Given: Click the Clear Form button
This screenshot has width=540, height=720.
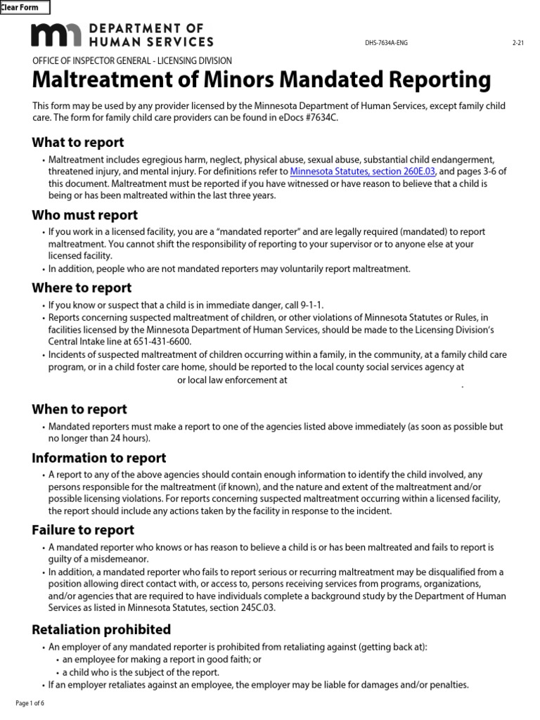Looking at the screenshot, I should click(25, 8).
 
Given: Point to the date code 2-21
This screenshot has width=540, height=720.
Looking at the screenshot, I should click(518, 43).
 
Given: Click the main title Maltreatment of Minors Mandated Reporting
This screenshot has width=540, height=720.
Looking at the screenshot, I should click(261, 80).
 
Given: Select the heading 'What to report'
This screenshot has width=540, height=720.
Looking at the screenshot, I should click(78, 143).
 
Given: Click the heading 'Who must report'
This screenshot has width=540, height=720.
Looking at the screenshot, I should click(84, 215).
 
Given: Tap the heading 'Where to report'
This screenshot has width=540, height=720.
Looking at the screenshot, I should click(82, 288).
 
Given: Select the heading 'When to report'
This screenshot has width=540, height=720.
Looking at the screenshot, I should click(79, 409).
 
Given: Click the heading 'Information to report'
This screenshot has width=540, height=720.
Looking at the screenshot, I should click(99, 458).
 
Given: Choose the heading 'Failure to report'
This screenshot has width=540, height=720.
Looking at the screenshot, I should click(83, 530).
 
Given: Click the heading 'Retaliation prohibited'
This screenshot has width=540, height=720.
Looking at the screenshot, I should click(101, 629).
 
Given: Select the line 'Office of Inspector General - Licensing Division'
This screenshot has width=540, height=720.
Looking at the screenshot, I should click(132, 61).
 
